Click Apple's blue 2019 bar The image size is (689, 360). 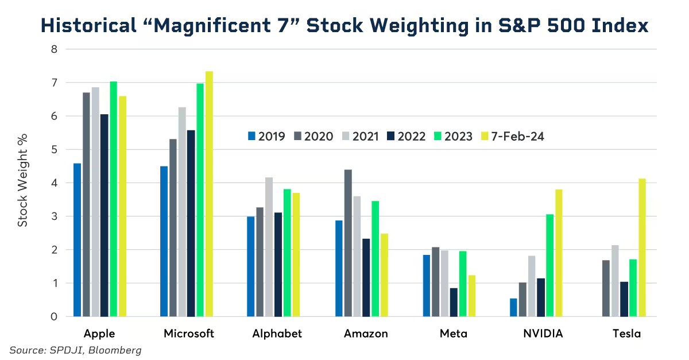click(77, 240)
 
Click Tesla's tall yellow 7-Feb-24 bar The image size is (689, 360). click(642, 247)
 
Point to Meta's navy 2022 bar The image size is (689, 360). click(454, 302)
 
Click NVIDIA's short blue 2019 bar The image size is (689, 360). click(513, 307)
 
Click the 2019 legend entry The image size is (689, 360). click(266, 136)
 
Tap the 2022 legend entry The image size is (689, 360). click(407, 136)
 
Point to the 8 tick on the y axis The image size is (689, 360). click(54, 49)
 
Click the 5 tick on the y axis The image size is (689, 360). click(54, 150)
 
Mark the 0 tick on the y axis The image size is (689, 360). click(54, 317)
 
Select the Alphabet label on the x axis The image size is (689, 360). click(277, 334)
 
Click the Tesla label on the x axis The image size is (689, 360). click(626, 334)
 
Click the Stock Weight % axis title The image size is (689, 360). click(22, 183)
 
